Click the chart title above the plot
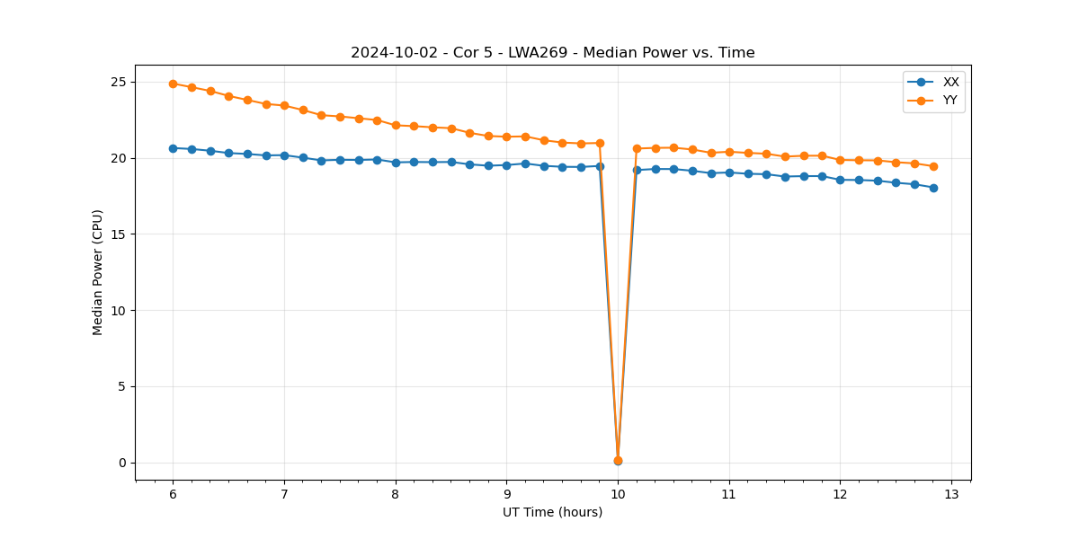point(552,53)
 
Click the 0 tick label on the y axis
point(122,464)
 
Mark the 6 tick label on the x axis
point(173,495)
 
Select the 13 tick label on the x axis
point(951,495)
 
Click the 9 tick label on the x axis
point(506,495)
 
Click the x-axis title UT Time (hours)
point(552,513)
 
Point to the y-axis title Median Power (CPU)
point(98,272)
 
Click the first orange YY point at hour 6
point(173,84)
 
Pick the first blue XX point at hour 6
point(173,148)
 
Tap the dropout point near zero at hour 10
point(618,461)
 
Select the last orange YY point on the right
point(933,166)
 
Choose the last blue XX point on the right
point(933,188)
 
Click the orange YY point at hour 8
point(396,125)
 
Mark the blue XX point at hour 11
point(729,172)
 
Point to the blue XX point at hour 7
point(284,155)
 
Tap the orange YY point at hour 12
point(840,160)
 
